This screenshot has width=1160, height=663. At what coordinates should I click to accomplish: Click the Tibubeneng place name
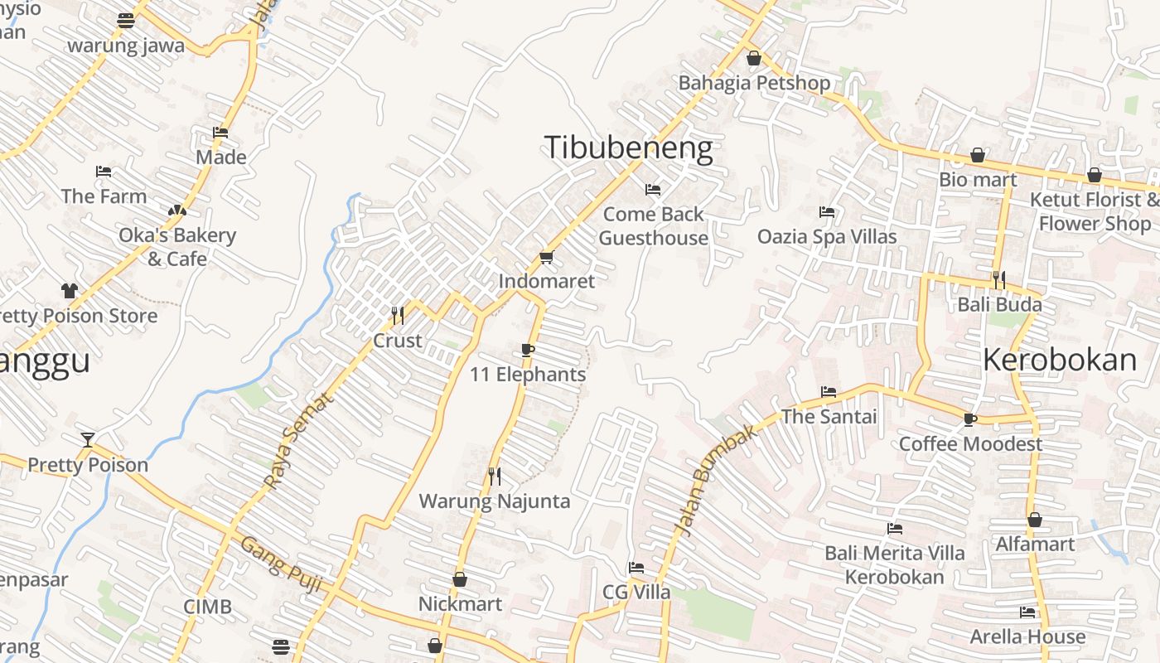pos(628,148)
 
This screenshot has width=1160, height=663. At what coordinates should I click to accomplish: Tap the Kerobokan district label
pos(1060,360)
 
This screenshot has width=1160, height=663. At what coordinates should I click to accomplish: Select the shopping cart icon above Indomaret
pos(546,258)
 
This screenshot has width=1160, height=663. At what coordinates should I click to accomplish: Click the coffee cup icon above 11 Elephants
pos(528,351)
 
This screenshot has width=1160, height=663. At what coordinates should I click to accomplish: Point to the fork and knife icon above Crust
pos(398,315)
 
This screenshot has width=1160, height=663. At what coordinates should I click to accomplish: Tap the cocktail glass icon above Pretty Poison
pos(88,439)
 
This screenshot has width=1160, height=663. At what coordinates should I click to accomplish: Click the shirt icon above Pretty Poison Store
pos(69,291)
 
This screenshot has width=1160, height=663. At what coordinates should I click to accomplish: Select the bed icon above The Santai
pos(829,392)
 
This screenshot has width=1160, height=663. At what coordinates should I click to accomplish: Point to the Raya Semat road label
pos(297,439)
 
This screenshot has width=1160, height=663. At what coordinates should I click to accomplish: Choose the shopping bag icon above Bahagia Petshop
pos(754,58)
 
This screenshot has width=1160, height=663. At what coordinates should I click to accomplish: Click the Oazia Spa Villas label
pos(827,237)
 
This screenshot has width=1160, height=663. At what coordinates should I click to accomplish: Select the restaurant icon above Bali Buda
pos(999,279)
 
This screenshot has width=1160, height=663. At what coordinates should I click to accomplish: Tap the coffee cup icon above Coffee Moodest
pos(970,419)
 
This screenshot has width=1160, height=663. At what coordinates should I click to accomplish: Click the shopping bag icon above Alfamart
pos(1035,520)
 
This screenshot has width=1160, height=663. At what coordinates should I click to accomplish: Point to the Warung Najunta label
pos(495,501)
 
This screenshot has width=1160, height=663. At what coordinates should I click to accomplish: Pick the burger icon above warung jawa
pos(126,21)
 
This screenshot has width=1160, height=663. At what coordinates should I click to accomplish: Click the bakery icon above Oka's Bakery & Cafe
pos(176,211)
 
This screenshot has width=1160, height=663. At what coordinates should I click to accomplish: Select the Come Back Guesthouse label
pos(654,225)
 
